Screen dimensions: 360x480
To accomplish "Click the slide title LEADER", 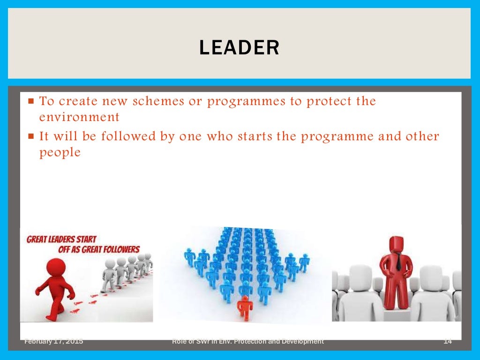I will click(x=239, y=48).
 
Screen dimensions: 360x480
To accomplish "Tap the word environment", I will click(x=79, y=116).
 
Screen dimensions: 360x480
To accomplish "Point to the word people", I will click(x=60, y=153).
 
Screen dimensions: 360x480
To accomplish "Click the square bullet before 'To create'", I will click(x=31, y=101).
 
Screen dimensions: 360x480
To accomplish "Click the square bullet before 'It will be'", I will click(x=31, y=137).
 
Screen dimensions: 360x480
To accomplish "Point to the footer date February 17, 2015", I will click(x=54, y=342).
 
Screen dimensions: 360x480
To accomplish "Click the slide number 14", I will click(x=447, y=342).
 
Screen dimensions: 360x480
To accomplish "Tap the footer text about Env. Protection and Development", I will click(x=248, y=342).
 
